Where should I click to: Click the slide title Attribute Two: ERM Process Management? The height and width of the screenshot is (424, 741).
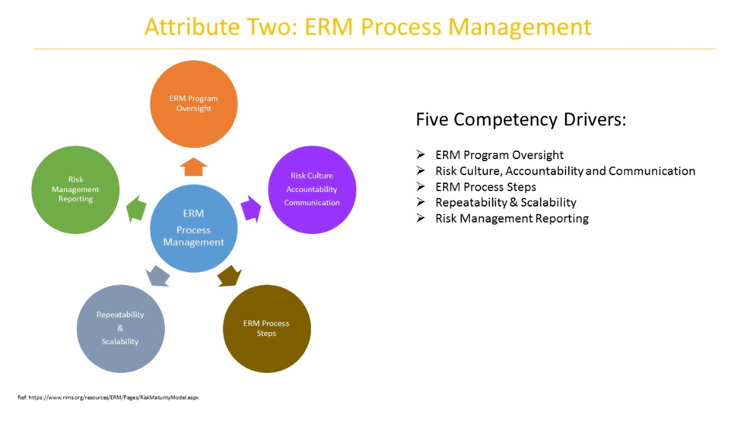367,27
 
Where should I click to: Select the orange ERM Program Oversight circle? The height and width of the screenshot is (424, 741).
194,103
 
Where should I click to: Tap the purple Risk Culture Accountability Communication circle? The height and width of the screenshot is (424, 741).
312,189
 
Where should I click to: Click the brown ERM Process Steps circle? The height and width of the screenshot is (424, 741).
266,328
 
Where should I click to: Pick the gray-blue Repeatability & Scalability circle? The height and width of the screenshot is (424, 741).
120,328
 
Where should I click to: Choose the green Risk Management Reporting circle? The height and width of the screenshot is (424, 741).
75,189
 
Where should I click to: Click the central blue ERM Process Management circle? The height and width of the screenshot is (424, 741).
193,228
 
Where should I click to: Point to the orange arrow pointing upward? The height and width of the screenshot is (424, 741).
194,166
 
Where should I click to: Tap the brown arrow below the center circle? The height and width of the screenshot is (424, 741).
229,276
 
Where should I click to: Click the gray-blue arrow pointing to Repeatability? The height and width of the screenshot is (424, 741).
157,276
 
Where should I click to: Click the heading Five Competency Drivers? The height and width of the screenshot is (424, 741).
520,120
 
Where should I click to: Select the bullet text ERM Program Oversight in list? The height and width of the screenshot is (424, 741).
499,155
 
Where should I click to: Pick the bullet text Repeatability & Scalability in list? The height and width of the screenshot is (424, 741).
505,202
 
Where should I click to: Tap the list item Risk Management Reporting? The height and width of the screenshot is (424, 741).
511,218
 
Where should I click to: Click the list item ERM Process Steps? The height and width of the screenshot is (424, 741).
485,187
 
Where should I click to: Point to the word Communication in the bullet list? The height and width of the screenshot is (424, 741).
651,171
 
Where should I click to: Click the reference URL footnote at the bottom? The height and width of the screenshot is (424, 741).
107,397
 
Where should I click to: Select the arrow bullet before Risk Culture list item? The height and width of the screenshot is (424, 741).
421,171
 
